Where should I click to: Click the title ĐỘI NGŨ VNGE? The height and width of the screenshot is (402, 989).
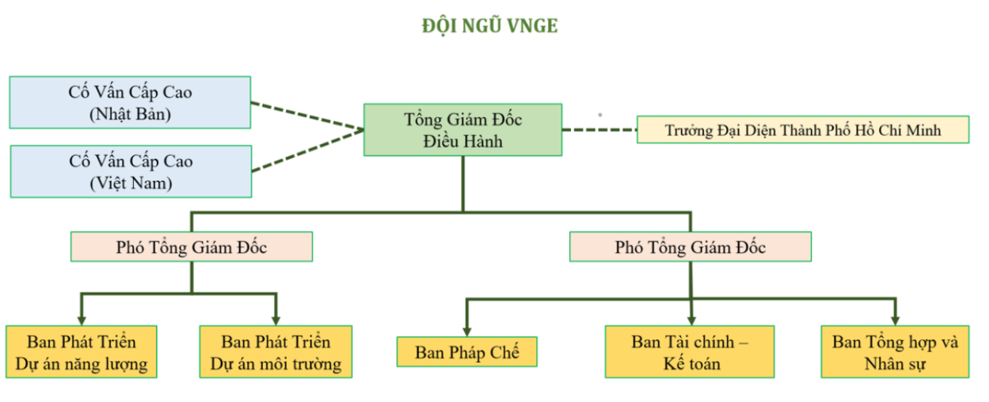[x=489, y=25]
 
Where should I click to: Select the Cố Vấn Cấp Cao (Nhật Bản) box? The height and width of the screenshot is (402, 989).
[x=130, y=102]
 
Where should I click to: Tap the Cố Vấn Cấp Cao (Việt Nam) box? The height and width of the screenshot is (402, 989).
[x=131, y=172]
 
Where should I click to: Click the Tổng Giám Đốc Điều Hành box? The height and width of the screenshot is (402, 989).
[x=462, y=130]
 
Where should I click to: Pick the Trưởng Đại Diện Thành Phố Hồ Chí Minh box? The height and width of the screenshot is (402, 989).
[x=803, y=130]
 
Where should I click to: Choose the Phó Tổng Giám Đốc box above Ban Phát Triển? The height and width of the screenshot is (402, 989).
[x=192, y=247]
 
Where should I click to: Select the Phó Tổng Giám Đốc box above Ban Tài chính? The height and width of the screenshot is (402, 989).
[x=690, y=247]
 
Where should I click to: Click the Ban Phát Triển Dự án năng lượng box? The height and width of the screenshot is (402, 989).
[x=82, y=351]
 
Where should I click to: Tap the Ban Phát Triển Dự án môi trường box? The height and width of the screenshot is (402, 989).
[x=276, y=351]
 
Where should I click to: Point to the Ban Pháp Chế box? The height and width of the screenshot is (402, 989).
[x=467, y=351]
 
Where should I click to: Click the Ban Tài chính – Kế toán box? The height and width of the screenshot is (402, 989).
[x=690, y=351]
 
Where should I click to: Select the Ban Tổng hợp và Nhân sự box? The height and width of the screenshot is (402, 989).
[x=895, y=351]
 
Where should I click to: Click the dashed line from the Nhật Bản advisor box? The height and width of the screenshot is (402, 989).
[x=307, y=116]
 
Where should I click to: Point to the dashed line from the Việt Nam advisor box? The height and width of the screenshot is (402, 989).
[x=308, y=150]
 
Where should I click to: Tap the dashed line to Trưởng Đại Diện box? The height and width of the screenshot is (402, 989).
[x=599, y=130]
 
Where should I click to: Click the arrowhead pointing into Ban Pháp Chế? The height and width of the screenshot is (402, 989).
[x=467, y=332]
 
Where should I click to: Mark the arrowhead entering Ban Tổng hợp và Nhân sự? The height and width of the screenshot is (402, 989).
[x=896, y=320]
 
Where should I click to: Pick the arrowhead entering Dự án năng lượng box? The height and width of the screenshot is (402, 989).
[x=82, y=320]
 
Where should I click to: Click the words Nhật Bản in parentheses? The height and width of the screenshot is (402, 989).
[x=130, y=114]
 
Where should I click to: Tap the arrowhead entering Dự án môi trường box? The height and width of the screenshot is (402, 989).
[x=276, y=320]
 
